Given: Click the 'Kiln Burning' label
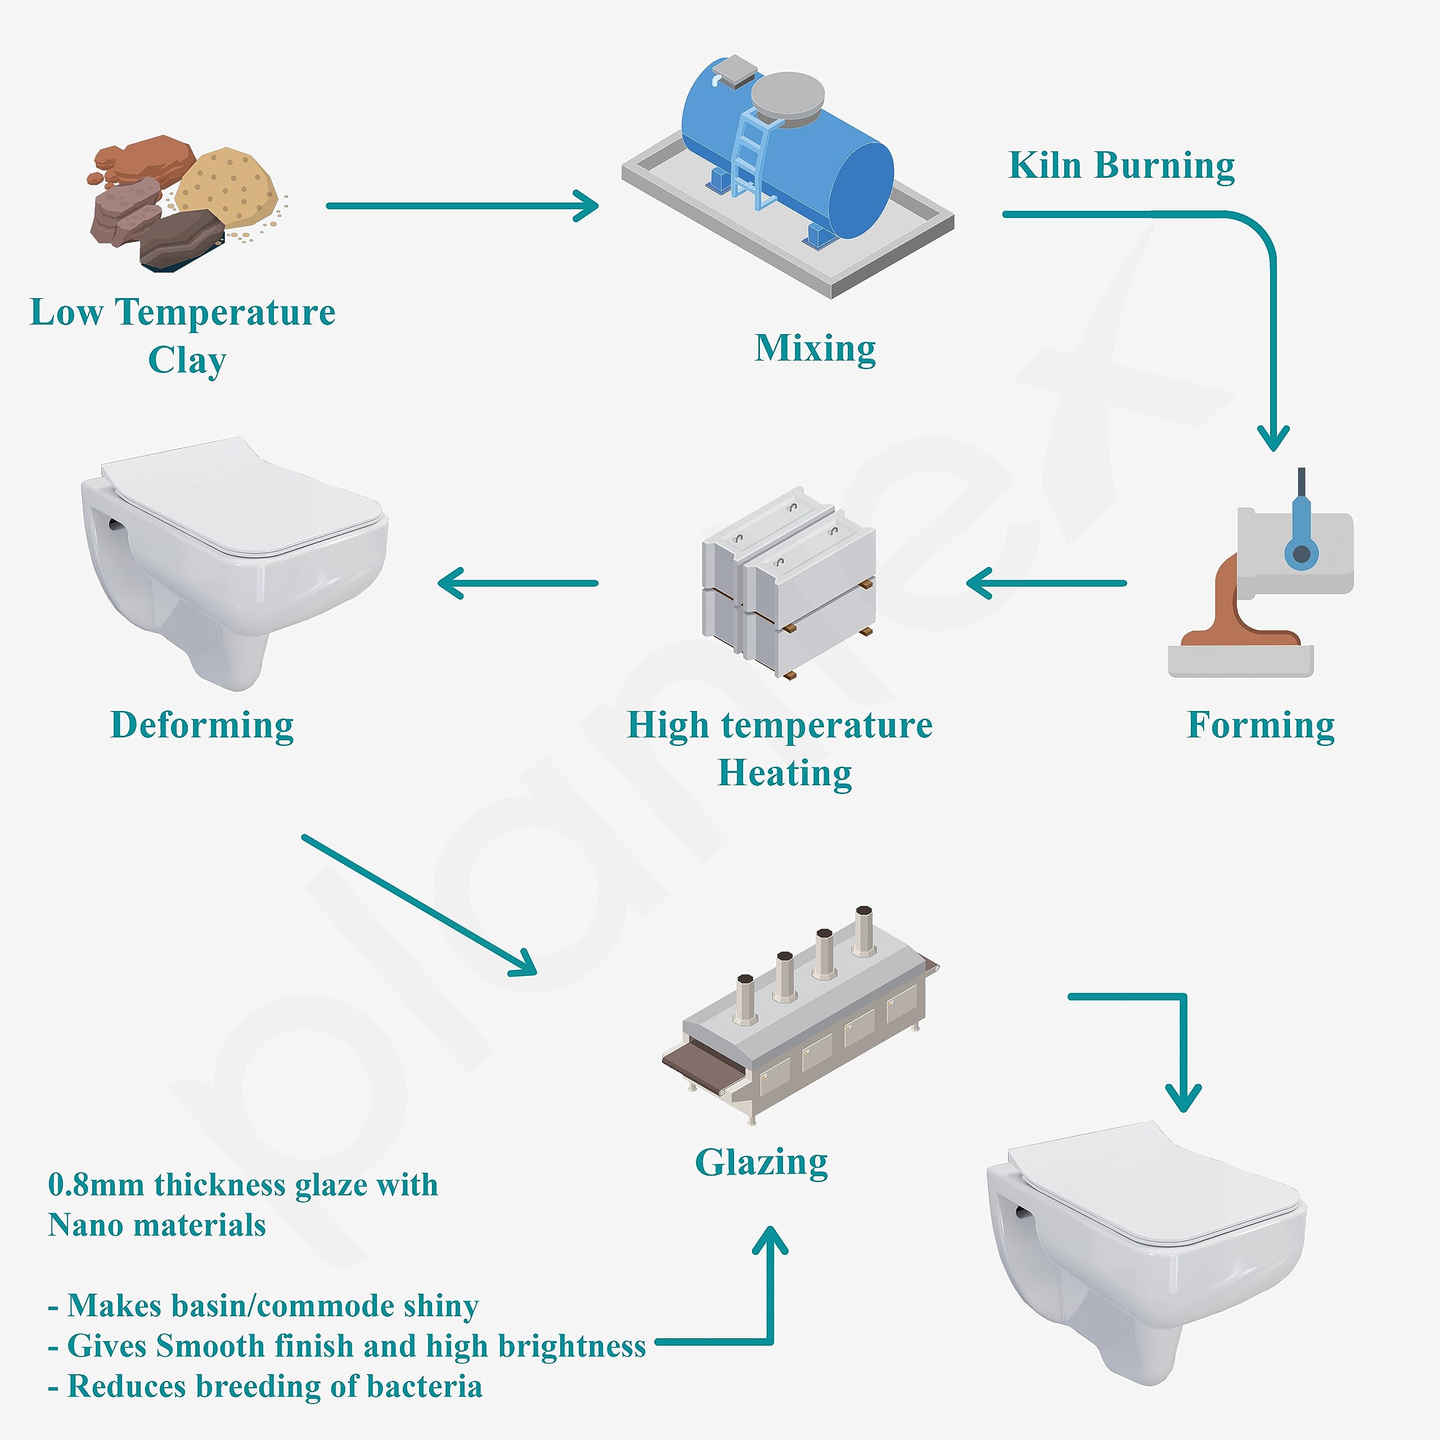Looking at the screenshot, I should click(1121, 165).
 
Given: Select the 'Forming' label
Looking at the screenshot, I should click(1261, 725).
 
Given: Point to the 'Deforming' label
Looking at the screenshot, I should click(202, 725).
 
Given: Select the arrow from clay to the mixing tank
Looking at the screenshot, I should click(462, 206).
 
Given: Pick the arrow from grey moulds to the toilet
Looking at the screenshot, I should click(518, 583).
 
